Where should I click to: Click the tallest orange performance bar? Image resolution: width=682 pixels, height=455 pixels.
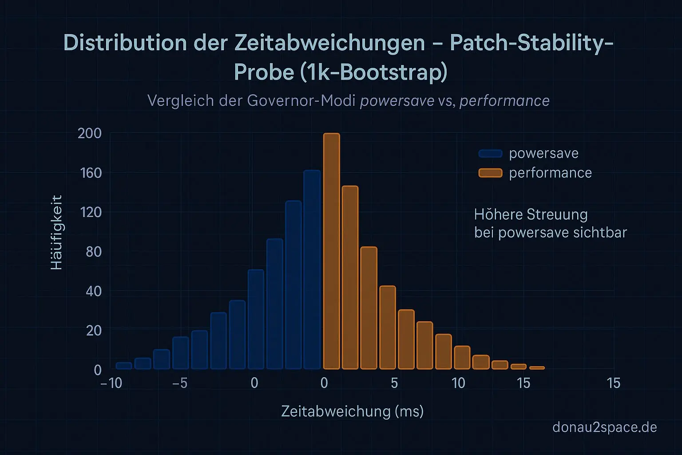point(331,251)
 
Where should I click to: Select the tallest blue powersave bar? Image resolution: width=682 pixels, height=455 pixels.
point(312,270)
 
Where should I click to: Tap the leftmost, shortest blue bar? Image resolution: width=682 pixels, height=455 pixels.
point(124,366)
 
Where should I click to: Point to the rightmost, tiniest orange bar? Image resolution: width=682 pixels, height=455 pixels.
point(537,367)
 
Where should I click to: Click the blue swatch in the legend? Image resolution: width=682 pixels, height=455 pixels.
point(490,154)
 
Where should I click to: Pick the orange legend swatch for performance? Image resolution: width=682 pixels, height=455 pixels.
point(490,173)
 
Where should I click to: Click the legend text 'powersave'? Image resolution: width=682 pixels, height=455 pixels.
point(543,153)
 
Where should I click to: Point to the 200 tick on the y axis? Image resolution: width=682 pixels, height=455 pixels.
point(90,133)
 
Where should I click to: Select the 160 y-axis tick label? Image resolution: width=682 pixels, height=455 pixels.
point(91,173)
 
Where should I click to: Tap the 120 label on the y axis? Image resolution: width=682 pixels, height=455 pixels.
point(91,212)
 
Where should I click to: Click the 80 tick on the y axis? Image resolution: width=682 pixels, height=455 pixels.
point(93,251)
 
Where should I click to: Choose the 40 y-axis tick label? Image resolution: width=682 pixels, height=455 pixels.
point(93,291)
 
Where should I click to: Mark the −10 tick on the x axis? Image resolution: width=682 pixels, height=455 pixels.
point(111,383)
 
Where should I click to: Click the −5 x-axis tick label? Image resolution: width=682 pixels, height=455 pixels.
point(180,383)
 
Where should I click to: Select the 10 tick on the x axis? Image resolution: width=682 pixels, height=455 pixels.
point(458,383)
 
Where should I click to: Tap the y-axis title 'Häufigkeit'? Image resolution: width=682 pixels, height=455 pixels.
point(57,232)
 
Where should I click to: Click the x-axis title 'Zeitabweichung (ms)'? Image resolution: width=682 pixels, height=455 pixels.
point(352,411)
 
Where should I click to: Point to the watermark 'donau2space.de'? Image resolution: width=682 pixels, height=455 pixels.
point(604,427)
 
